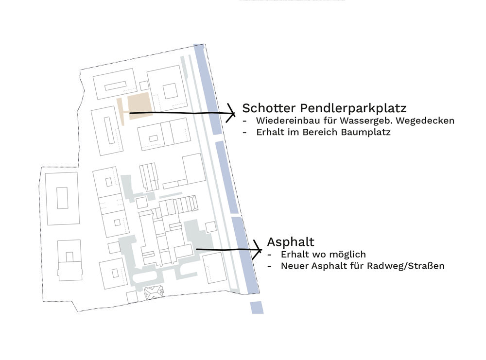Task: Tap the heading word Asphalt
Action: pos(291,241)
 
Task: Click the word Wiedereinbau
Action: pos(283,120)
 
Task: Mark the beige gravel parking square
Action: pos(139,104)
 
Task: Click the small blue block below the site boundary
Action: pos(257,308)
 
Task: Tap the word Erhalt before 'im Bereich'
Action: pos(269,132)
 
